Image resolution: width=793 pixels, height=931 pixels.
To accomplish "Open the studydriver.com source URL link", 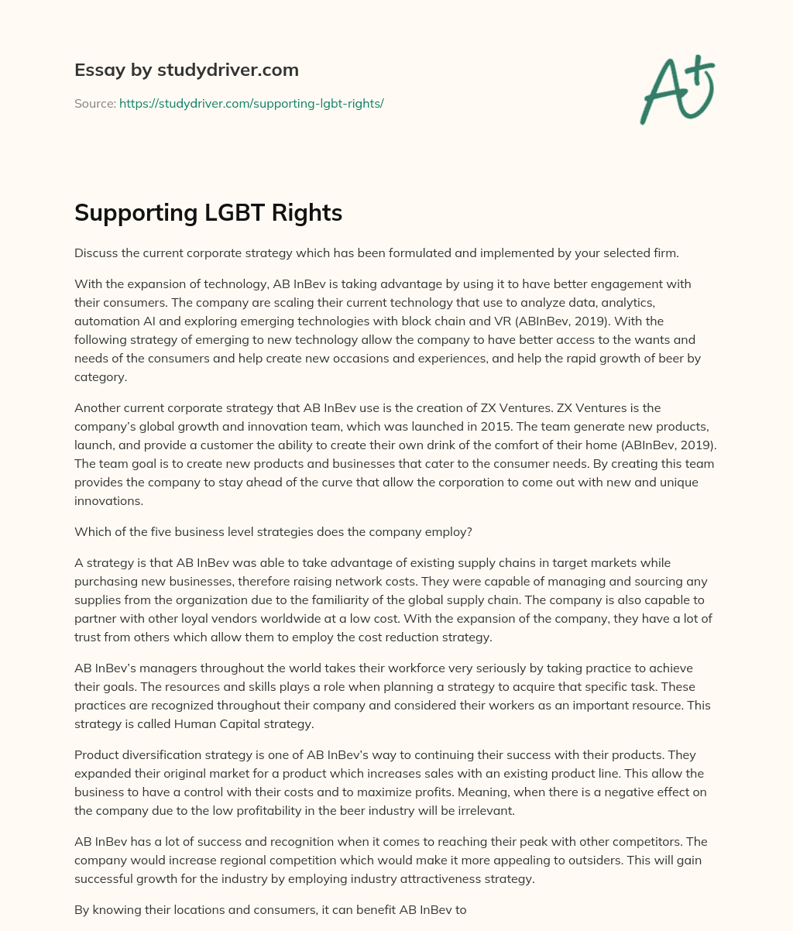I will pos(251,103).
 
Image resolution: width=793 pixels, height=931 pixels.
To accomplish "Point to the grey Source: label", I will pos(94,103).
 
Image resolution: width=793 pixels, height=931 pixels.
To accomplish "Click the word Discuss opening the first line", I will pos(97,253).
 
